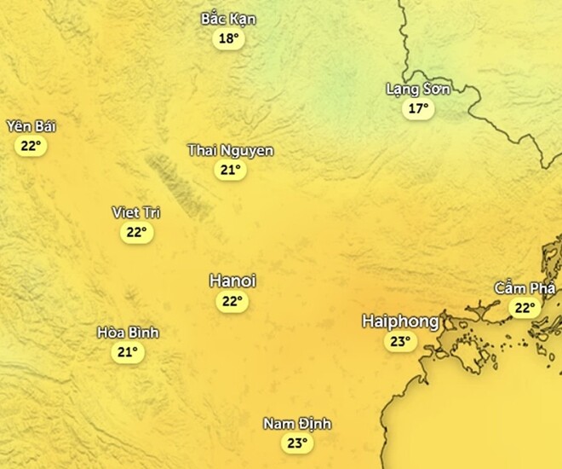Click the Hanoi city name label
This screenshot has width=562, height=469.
[232, 281]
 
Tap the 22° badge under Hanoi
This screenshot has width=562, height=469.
[232, 301]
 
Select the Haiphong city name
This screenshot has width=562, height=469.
[400, 321]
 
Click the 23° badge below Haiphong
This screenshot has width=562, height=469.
[399, 342]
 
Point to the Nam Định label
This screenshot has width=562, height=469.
[296, 424]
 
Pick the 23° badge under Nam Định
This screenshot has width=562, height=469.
[296, 443]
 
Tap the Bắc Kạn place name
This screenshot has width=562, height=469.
[228, 19]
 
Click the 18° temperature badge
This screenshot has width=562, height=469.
[228, 39]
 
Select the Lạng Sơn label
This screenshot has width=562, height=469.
[417, 89]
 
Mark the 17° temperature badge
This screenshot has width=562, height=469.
[417, 108]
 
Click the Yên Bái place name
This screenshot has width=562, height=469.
[31, 126]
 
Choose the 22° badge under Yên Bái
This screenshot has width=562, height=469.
[31, 146]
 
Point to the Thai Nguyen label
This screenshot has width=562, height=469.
[230, 151]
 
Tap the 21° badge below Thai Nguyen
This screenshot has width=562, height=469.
[230, 171]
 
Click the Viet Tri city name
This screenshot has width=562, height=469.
[136, 212]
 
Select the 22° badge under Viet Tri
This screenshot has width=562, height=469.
[136, 232]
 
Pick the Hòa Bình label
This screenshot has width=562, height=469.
[128, 332]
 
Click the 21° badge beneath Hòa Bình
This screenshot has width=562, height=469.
[128, 351]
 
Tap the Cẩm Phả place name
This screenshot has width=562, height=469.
[525, 287]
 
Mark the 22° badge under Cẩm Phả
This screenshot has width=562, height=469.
[525, 308]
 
